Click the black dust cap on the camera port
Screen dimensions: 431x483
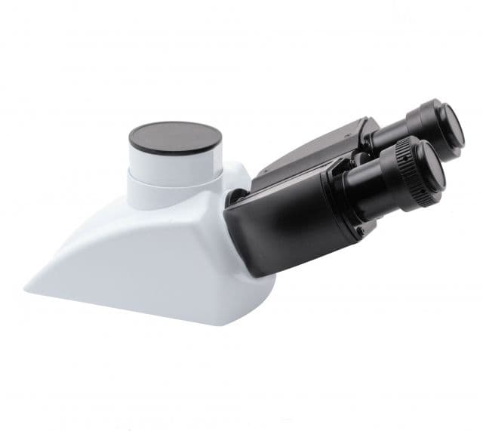click(x=175, y=137)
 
